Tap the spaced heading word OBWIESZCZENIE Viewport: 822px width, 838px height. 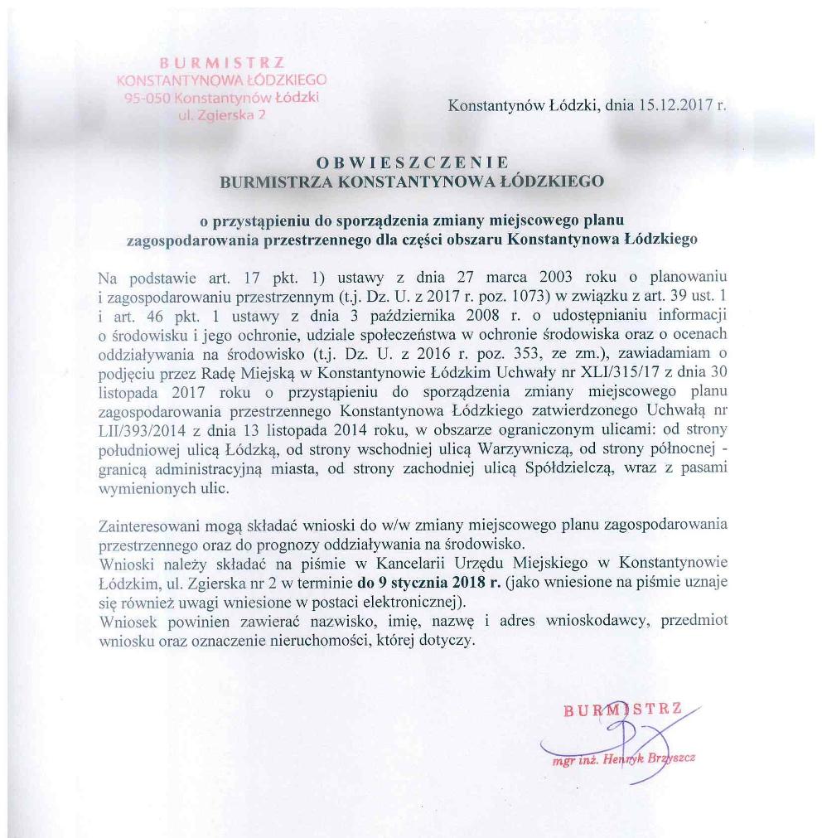click(x=411, y=162)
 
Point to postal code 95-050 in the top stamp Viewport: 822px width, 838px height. click(x=141, y=98)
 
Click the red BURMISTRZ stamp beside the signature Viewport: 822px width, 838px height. click(x=621, y=710)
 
